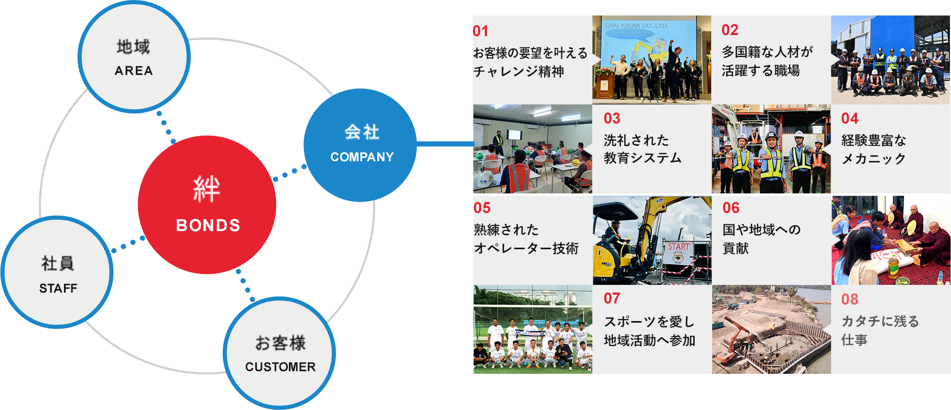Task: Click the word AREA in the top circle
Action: click(x=134, y=71)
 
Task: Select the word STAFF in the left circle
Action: click(x=58, y=288)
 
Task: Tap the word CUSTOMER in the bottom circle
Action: click(x=280, y=367)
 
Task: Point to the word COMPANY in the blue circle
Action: click(x=362, y=157)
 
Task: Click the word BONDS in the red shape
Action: click(x=208, y=225)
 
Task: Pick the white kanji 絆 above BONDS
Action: click(x=207, y=189)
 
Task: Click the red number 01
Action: click(x=481, y=31)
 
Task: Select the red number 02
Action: click(x=730, y=30)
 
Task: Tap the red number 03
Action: click(x=612, y=118)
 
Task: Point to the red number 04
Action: click(x=850, y=118)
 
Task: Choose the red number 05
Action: click(x=482, y=208)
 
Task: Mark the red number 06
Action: click(x=731, y=208)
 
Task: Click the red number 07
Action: click(x=612, y=298)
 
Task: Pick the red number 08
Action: click(x=850, y=299)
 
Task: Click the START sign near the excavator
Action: click(x=678, y=247)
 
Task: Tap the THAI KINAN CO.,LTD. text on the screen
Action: click(x=636, y=25)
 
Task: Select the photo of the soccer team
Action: click(x=532, y=329)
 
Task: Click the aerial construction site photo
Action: click(x=771, y=329)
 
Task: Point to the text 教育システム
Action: click(x=642, y=158)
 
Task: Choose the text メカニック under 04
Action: click(x=873, y=159)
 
